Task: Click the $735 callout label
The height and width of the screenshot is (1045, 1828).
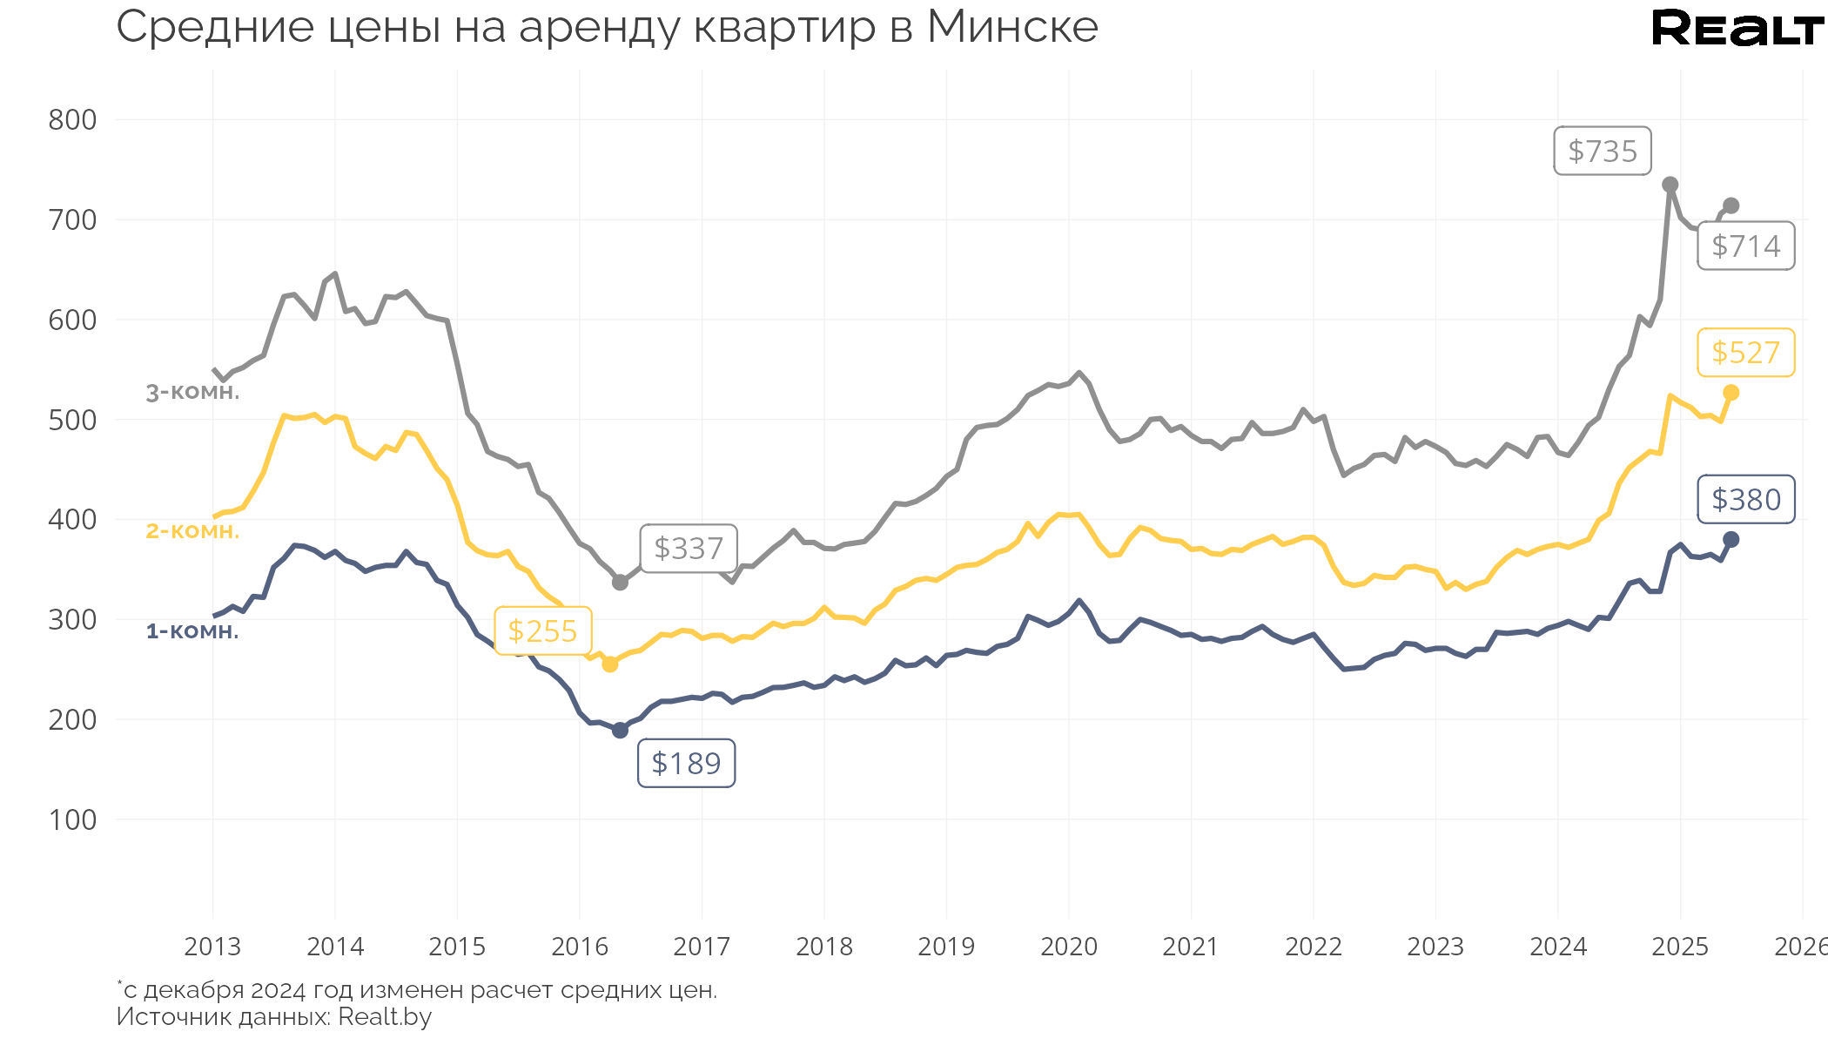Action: tap(1602, 152)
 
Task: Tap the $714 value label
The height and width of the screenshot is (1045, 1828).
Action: tap(1745, 246)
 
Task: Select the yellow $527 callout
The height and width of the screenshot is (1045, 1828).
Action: tap(1745, 353)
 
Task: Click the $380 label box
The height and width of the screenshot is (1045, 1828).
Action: tap(1745, 500)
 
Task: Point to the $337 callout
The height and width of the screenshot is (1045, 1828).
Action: tap(689, 549)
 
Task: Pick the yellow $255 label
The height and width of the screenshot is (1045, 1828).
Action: tap(542, 631)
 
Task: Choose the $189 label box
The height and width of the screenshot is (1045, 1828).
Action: tap(686, 764)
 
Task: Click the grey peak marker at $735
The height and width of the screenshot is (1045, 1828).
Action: tap(1670, 185)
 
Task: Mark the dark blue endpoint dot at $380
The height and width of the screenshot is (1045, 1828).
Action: tap(1731, 540)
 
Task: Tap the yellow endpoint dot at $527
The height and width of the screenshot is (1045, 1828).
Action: tap(1731, 393)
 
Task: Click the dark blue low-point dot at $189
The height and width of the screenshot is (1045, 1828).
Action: tap(620, 731)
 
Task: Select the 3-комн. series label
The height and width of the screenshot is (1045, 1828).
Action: tap(192, 393)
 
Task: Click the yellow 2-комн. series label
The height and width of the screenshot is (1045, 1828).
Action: tap(192, 531)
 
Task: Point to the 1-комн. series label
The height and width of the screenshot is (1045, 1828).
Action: tap(192, 631)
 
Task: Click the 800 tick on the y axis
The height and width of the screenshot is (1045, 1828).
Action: tap(72, 120)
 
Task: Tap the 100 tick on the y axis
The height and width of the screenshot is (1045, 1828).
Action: tap(72, 820)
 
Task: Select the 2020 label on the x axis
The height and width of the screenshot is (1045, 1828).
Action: tap(1068, 947)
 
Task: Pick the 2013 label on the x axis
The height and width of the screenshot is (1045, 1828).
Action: tap(212, 947)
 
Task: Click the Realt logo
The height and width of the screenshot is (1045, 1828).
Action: tap(1737, 29)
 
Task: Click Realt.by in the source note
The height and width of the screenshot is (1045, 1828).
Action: tap(385, 1017)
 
